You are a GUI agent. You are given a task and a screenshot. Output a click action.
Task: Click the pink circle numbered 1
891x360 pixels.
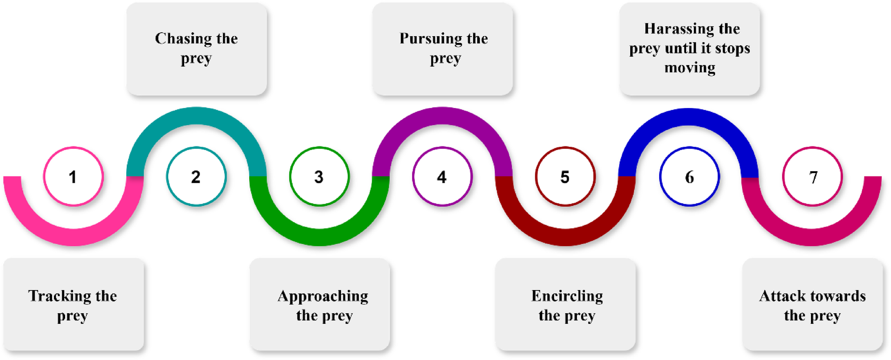click(x=73, y=176)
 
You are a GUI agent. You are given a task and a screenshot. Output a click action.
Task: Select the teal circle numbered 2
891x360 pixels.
click(x=196, y=176)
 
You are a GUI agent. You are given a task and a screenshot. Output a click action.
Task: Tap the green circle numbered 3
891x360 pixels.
click(x=319, y=176)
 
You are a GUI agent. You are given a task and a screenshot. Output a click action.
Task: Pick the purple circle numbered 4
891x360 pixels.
click(x=442, y=176)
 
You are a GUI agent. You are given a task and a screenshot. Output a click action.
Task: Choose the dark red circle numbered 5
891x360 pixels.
click(x=565, y=176)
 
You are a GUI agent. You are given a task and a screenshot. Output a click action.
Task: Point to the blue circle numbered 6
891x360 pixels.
click(x=689, y=176)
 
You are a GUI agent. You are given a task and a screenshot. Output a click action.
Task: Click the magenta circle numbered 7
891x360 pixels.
click(x=812, y=176)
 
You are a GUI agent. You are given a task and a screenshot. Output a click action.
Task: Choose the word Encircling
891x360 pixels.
click(x=567, y=296)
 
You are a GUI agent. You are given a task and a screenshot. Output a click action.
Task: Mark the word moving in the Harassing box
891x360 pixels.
click(x=690, y=68)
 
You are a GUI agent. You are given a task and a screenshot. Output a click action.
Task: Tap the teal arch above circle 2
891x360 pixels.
click(x=196, y=116)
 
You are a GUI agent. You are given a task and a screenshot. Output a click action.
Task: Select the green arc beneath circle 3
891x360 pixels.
click(x=319, y=237)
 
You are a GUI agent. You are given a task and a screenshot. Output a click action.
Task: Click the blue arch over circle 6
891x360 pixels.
click(x=689, y=117)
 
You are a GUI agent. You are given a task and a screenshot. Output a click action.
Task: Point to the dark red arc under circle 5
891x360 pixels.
click(x=565, y=237)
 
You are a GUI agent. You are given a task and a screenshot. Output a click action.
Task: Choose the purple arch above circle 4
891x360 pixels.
click(x=442, y=116)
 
